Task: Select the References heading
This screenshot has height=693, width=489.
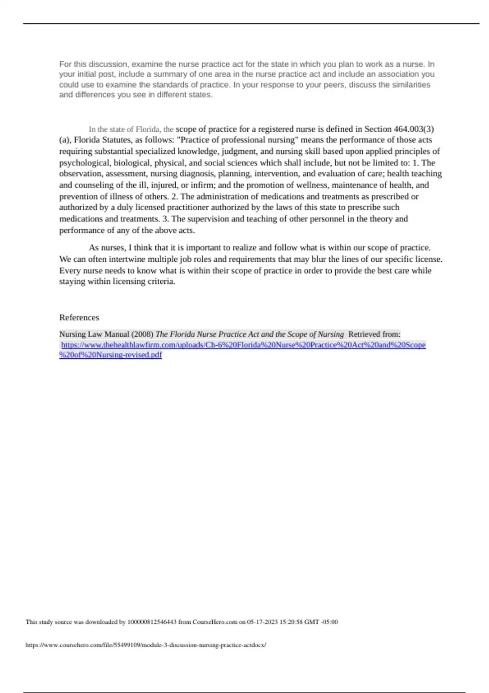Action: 79,318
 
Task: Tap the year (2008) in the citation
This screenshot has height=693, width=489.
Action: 143,334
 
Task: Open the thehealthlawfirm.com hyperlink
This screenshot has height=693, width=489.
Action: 243,345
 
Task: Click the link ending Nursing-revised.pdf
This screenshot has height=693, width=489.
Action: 110,355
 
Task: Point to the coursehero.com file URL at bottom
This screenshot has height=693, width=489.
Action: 145,645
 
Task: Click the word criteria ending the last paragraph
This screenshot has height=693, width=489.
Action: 160,282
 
